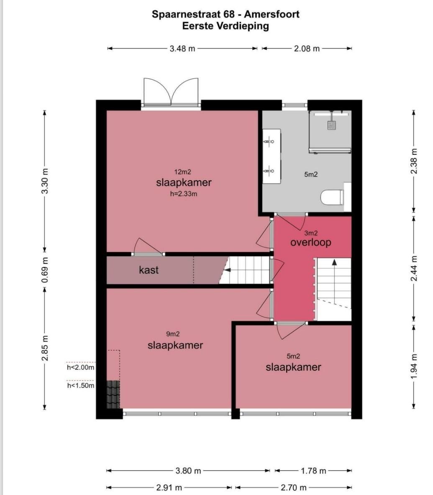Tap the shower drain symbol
tap(331, 126)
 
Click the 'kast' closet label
tap(149, 270)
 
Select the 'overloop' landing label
tap(310, 242)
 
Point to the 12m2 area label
tap(183, 172)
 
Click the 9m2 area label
tap(173, 333)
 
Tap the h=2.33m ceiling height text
tap(184, 194)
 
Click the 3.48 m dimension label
tap(182, 49)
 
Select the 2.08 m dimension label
tap(307, 49)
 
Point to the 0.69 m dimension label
tap(45, 270)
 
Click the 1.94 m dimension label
tap(414, 367)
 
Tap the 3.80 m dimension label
tap(188, 471)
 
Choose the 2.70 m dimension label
tap(294, 487)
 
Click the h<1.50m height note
tap(80, 385)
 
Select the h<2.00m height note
tap(80, 367)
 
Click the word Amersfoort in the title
tap(272, 14)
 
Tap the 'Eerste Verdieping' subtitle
tap(225, 26)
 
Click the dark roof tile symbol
tap(113, 394)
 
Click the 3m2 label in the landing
tap(311, 233)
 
